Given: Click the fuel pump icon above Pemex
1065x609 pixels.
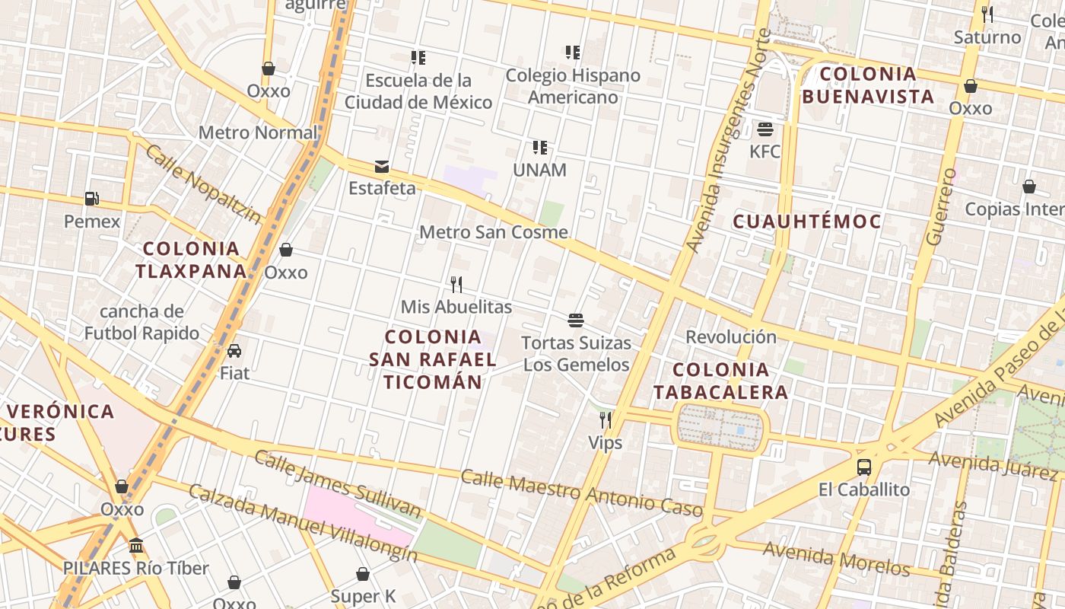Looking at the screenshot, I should click(91, 199).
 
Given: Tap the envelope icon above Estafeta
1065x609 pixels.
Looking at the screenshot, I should click(382, 166).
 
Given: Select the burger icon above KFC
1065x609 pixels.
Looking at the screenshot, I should click(765, 129).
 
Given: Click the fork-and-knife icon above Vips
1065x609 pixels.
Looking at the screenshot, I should click(606, 419).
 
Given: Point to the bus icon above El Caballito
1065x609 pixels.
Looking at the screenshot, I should click(864, 467).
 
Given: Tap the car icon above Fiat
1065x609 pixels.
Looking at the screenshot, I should click(234, 351).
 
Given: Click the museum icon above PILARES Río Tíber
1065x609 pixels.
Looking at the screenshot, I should click(137, 545).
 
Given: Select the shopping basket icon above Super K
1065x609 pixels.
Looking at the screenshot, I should click(363, 574).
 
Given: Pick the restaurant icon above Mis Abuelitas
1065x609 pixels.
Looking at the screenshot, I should click(456, 285).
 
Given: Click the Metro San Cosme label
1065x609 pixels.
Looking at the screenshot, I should click(494, 232).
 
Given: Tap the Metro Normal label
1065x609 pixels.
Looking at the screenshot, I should click(257, 132).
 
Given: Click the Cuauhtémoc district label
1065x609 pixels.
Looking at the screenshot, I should click(807, 222).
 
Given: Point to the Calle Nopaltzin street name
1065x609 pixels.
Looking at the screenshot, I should click(202, 184).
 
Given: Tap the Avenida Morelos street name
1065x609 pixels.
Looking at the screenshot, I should click(837, 559).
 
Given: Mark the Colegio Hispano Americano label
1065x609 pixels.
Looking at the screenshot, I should click(573, 86).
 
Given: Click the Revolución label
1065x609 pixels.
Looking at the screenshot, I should click(731, 336).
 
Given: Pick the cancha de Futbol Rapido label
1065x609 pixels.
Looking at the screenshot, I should click(141, 322).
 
